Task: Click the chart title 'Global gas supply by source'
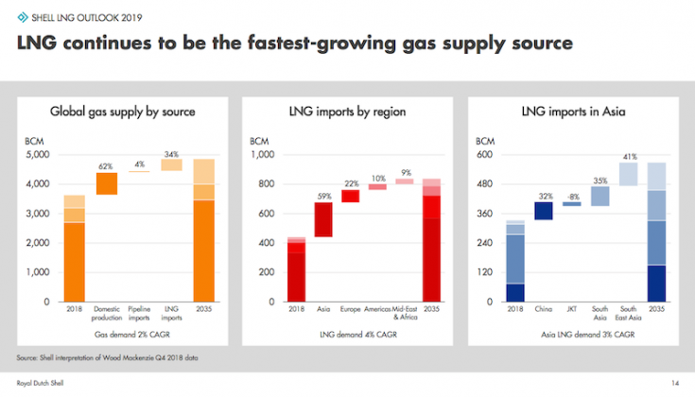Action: pos(122,112)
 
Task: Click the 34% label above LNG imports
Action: pos(171,154)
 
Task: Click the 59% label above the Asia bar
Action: pos(323,197)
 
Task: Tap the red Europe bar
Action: pos(350,197)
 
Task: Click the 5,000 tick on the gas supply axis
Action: pos(41,154)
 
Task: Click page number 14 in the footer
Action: pos(675,383)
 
